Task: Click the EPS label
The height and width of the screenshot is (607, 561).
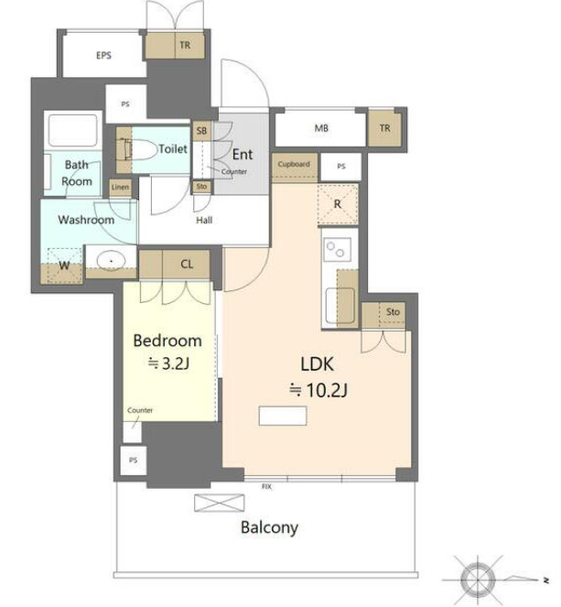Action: pyautogui.click(x=103, y=55)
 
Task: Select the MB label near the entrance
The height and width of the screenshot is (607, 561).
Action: pyautogui.click(x=321, y=128)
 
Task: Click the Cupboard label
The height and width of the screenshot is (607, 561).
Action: pyautogui.click(x=294, y=164)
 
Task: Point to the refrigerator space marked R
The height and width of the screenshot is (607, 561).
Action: pyautogui.click(x=338, y=204)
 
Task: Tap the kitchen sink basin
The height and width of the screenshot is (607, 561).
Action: pyautogui.click(x=340, y=306)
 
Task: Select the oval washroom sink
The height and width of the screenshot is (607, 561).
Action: pyautogui.click(x=111, y=261)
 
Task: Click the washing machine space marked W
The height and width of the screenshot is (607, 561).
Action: pyautogui.click(x=64, y=266)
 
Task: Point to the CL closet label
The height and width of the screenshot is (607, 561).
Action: pyautogui.click(x=187, y=264)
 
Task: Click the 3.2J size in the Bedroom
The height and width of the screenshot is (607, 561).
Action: pyautogui.click(x=169, y=363)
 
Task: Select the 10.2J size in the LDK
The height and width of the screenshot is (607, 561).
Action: pyautogui.click(x=318, y=389)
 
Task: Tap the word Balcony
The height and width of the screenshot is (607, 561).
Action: pyautogui.click(x=269, y=527)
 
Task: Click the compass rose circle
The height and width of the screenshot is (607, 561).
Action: pyautogui.click(x=479, y=580)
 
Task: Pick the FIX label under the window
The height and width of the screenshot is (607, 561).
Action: pyautogui.click(x=266, y=486)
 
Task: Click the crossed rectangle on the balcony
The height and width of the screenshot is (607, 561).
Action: pyautogui.click(x=220, y=503)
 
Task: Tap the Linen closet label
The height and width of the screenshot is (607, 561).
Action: pyautogui.click(x=120, y=187)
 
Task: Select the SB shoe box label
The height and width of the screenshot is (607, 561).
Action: pyautogui.click(x=201, y=131)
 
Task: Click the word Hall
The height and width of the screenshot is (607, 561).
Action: pyautogui.click(x=204, y=221)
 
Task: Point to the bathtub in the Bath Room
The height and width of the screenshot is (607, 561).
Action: pyautogui.click(x=72, y=130)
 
